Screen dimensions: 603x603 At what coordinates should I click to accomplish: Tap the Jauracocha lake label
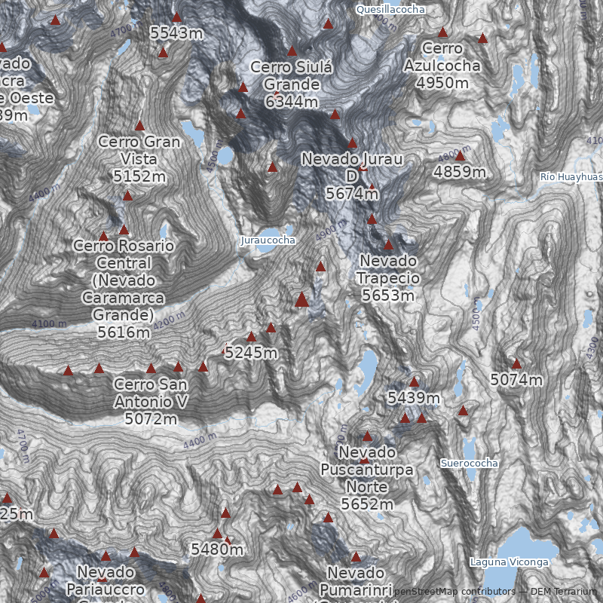coord(268,240)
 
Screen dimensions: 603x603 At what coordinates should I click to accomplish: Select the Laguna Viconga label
coord(509,562)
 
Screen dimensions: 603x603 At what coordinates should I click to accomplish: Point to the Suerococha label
coord(470,463)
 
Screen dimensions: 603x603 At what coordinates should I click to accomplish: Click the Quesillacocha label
coord(390,9)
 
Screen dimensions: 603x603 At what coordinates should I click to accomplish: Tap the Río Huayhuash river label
coord(571,176)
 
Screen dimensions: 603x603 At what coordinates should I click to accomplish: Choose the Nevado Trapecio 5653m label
coord(387,278)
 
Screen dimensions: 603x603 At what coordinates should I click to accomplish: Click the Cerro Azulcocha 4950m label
coord(442,66)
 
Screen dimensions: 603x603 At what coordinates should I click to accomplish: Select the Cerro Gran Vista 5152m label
coord(139,159)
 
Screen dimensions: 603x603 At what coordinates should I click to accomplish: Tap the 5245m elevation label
coord(252,353)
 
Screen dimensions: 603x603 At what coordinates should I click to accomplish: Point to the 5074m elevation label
coord(516,380)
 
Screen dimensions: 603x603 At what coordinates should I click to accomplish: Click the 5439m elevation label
coord(413,397)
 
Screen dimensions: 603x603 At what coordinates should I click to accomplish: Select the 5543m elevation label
coord(176,33)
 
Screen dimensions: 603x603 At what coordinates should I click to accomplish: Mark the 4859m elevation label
coord(460,172)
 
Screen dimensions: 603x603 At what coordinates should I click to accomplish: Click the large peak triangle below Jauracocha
coord(302,300)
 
